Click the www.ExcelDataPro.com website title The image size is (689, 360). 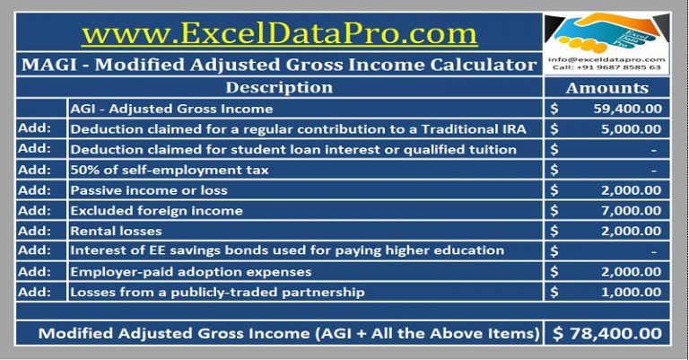point(278,33)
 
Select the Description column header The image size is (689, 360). point(279,88)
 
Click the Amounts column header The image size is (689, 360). point(606,88)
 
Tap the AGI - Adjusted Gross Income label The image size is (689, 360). point(171,109)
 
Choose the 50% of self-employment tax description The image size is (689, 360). point(170,170)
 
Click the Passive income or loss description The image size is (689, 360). point(149,190)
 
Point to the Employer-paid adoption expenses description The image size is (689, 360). point(191,271)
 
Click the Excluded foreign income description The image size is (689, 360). point(157,210)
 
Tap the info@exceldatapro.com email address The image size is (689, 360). point(606,59)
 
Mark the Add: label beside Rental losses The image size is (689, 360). point(33,231)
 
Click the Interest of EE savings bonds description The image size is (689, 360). point(287,250)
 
